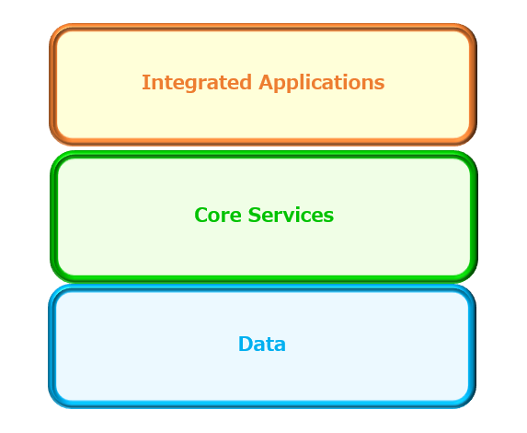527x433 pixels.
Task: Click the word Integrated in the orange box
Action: point(197,83)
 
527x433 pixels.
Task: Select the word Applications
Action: point(322,83)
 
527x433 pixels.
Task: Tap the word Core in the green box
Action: point(218,215)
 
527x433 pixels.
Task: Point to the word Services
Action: point(291,215)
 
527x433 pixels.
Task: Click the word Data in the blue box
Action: point(262,344)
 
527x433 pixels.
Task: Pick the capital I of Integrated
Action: point(145,82)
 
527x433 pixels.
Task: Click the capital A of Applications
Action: point(266,82)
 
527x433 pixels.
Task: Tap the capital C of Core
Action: point(201,215)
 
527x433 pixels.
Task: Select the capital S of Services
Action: point(255,215)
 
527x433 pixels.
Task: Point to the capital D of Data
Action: point(246,344)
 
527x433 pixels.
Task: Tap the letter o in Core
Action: point(216,216)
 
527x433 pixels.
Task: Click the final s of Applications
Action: point(380,84)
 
